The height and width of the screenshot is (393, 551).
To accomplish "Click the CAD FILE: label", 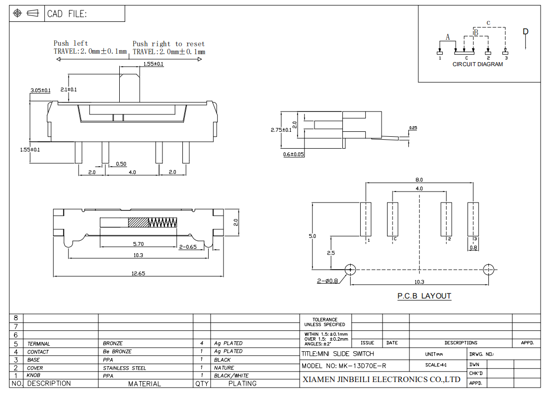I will click(x=67, y=14).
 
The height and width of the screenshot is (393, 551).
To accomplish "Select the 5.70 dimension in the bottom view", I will click(x=139, y=244).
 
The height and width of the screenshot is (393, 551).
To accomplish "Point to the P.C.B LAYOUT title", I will click(x=424, y=296).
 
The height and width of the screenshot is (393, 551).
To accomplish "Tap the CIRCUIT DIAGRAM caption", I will click(x=477, y=64).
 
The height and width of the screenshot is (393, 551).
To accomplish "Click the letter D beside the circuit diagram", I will click(x=526, y=32).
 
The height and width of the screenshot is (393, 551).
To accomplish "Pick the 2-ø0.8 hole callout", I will click(x=327, y=281).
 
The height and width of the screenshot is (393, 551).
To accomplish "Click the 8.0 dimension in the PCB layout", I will click(x=419, y=180).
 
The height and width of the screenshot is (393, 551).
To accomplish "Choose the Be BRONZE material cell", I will click(x=117, y=352).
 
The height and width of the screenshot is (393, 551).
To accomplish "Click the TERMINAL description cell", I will click(x=39, y=344).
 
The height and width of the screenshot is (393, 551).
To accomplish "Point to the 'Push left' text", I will click(x=71, y=43).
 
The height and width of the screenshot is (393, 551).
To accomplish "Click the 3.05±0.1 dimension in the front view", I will click(x=40, y=90).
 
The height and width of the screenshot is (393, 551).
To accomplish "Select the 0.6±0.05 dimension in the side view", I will click(x=294, y=155).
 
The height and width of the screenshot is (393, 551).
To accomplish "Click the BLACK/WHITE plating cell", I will click(x=231, y=376).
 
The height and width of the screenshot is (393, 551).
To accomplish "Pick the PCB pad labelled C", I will click(x=393, y=219).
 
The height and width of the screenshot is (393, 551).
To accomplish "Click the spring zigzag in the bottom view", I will click(x=162, y=222).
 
